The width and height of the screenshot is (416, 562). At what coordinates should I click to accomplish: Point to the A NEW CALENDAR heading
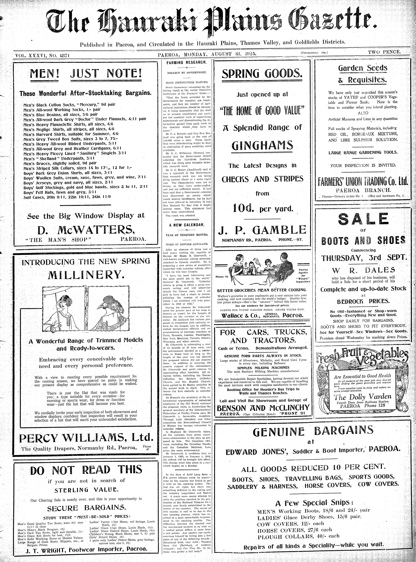point(187,225)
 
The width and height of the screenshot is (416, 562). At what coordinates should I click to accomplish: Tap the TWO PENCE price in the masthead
point(384,52)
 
